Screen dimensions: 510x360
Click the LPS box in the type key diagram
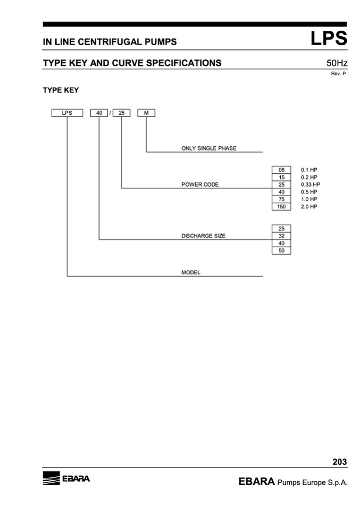coord(67,113)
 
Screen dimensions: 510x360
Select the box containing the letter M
coord(146,113)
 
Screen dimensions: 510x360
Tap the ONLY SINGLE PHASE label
coord(209,148)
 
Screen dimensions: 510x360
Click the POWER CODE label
coord(200,185)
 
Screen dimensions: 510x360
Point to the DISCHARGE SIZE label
coord(203,236)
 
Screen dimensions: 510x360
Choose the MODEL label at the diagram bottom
coord(191,272)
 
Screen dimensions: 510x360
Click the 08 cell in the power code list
coord(281,170)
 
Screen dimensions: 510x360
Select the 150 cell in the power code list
coord(281,206)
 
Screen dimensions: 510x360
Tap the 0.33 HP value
coord(311,185)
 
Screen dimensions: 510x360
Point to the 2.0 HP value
coord(309,206)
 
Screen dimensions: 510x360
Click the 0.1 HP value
coord(309,170)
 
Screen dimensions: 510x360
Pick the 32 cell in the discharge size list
coord(281,236)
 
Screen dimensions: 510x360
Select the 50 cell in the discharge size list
coord(281,250)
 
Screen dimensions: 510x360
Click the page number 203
coord(339,462)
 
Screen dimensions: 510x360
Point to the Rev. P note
coord(338,74)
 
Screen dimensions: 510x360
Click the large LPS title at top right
coord(329,39)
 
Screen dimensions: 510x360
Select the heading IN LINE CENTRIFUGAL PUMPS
coord(110,41)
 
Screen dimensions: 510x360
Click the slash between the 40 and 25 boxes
coord(110,113)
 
